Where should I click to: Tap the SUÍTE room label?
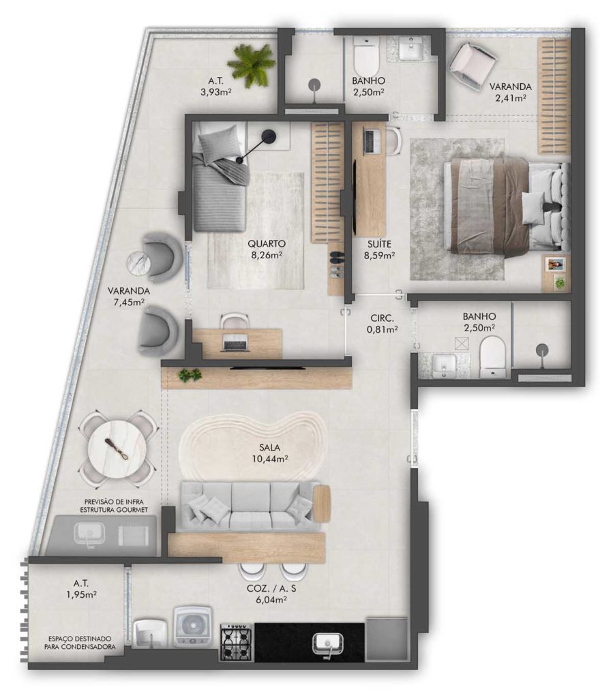click(x=379, y=244)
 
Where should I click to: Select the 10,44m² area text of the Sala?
click(x=270, y=459)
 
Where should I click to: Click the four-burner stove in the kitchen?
click(x=236, y=641)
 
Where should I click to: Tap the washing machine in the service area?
click(x=193, y=626)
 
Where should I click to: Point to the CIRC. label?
click(x=382, y=318)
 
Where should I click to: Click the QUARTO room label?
click(x=267, y=244)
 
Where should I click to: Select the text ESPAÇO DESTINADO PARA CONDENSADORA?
click(x=80, y=642)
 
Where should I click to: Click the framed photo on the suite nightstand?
click(x=554, y=264)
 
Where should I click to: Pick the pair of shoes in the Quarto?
click(x=337, y=264)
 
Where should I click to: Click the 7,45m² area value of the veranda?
click(x=129, y=303)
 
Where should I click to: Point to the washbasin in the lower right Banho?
click(x=443, y=365)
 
